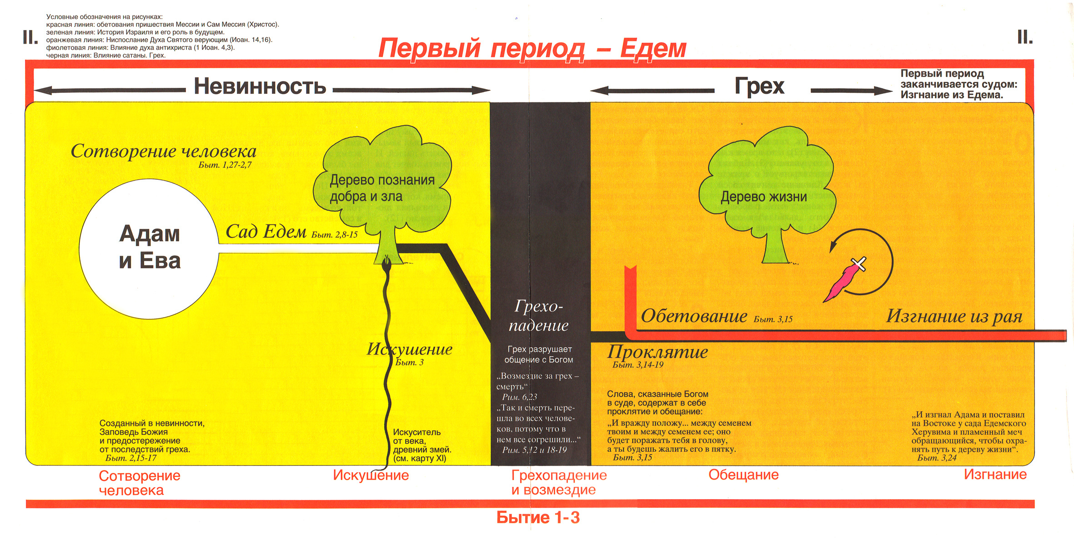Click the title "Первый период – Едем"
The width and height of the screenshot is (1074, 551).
point(532,49)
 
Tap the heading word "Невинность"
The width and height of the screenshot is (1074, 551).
point(260,86)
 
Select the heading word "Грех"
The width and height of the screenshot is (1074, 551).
point(759,86)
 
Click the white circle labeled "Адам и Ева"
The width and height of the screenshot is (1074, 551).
point(149,248)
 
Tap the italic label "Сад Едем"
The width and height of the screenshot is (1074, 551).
point(266,232)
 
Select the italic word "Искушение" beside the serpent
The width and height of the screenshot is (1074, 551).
point(410,349)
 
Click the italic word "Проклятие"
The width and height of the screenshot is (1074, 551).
point(657,352)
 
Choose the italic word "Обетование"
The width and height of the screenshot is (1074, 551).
point(694,316)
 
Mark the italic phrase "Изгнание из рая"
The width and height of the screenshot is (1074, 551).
point(954,316)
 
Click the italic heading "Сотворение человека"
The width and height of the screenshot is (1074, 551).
point(163,151)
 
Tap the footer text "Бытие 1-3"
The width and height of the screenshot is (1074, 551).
point(538,518)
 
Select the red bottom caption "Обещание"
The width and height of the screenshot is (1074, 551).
point(743,475)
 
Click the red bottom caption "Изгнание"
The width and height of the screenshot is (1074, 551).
point(995,475)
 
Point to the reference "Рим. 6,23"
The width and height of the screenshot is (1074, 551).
point(519,397)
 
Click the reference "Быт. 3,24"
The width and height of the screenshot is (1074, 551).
point(937,458)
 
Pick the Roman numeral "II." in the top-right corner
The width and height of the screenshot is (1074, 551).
point(1025,37)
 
